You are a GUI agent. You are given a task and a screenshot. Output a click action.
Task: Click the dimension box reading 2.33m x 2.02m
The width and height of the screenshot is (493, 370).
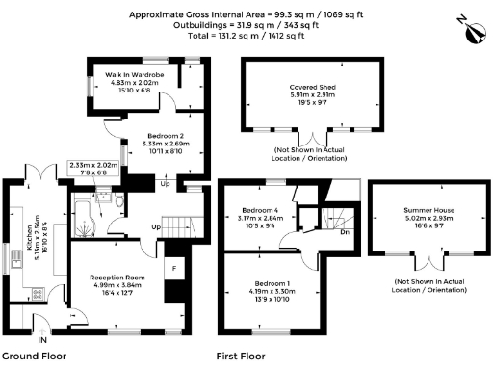(93, 169)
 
